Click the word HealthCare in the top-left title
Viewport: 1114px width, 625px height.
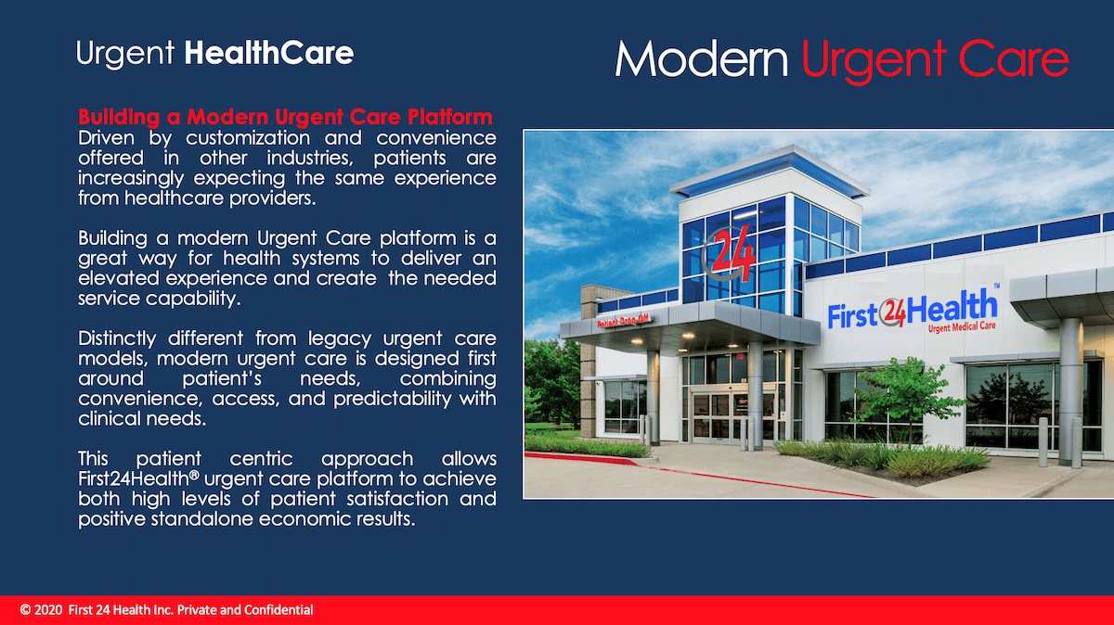pyautogui.click(x=268, y=53)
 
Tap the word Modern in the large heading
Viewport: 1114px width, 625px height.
pyautogui.click(x=702, y=59)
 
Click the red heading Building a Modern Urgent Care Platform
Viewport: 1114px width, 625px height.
pyautogui.click(x=286, y=117)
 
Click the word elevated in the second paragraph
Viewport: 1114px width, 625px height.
pyautogui.click(x=119, y=278)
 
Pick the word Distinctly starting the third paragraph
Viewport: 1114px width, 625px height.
pyautogui.click(x=117, y=338)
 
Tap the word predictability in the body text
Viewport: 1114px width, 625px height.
pyautogui.click(x=393, y=399)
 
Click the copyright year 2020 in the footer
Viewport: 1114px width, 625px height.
pyautogui.click(x=48, y=610)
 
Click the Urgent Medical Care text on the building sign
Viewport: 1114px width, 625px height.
pyautogui.click(x=962, y=327)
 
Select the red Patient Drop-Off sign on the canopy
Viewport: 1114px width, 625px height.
pyautogui.click(x=623, y=322)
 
